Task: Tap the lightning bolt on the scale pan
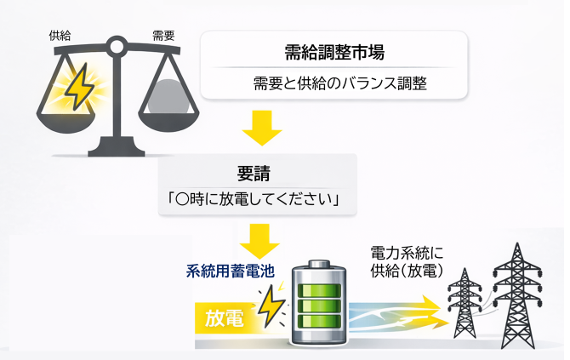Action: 78,85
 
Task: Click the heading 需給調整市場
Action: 334,52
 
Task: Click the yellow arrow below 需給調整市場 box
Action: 260,127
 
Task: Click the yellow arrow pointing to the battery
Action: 260,242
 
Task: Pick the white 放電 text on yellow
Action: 225,318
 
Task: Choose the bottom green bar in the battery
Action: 319,326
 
